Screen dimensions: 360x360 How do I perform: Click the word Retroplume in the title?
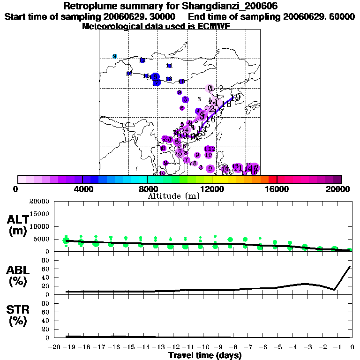[x=87, y=6]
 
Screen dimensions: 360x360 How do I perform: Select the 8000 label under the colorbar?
[x=147, y=189]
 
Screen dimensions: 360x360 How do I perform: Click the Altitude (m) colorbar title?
[x=173, y=196]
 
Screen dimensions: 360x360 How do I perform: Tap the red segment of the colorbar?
[x=273, y=179]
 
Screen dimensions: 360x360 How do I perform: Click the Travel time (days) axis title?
[x=205, y=355]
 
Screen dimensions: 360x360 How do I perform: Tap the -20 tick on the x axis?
[x=55, y=347]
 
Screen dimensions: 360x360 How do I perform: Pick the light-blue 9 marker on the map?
[x=114, y=56]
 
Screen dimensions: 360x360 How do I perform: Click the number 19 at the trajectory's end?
[x=236, y=97]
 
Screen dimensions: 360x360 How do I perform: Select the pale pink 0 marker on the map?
[x=210, y=88]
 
